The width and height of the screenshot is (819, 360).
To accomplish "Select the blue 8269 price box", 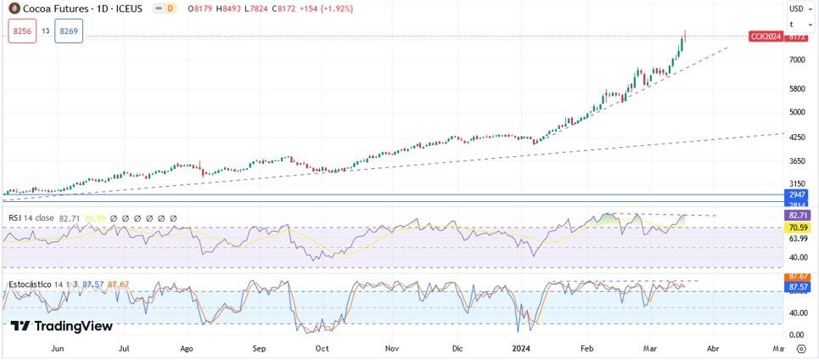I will point(69,31).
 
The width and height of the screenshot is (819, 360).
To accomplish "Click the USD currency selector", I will point(797,8).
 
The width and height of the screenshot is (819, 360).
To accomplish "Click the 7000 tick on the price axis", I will point(797,60).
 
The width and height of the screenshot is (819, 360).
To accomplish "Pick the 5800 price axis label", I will point(797,89).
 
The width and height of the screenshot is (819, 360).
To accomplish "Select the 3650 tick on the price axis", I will point(797,161).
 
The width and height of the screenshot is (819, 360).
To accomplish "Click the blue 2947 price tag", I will point(797,195).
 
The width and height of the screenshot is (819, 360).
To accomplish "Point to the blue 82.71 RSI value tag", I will point(797,216).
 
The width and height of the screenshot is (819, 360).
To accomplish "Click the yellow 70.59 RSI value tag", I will point(797,228).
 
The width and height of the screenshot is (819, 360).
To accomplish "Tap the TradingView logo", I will point(62,326).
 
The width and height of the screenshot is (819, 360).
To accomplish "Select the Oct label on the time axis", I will point(322,348).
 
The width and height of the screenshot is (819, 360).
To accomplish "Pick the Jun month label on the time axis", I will point(58,348).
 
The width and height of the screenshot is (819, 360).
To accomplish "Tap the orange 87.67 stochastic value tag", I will point(797,277).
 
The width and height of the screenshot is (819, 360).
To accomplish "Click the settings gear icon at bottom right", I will point(800,348).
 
